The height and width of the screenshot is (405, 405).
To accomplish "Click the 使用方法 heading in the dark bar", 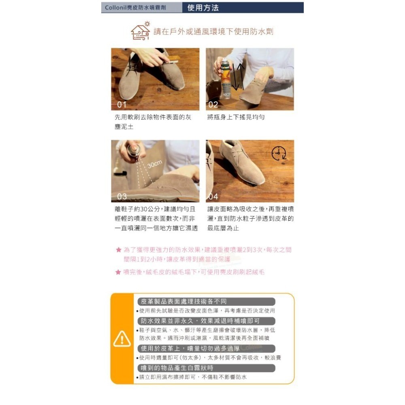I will pyautogui.click(x=203, y=8).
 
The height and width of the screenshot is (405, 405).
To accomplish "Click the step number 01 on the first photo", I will pyautogui.click(x=122, y=104).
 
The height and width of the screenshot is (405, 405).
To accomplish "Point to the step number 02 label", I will pyautogui.click(x=213, y=104).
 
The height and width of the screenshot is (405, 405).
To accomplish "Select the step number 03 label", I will pyautogui.click(x=122, y=196).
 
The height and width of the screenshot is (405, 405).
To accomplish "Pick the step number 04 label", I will pyautogui.click(x=213, y=196).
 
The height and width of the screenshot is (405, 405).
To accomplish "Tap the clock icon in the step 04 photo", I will pyautogui.click(x=279, y=153).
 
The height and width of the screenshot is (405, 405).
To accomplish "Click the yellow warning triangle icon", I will pyautogui.click(x=122, y=339).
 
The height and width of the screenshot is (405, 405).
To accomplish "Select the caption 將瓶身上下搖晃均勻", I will pyautogui.click(x=236, y=117).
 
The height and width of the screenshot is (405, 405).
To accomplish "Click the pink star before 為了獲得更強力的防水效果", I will pyautogui.click(x=119, y=249).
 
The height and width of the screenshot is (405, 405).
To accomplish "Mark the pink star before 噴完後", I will pyautogui.click(x=118, y=272).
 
